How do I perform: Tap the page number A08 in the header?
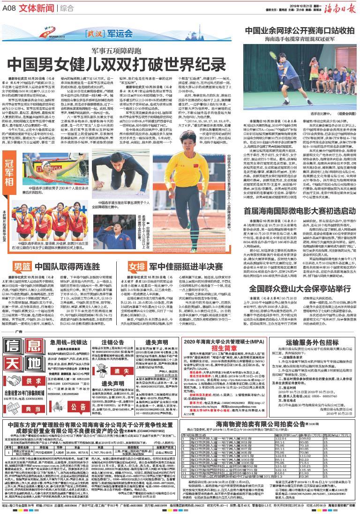[x=10, y=7]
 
